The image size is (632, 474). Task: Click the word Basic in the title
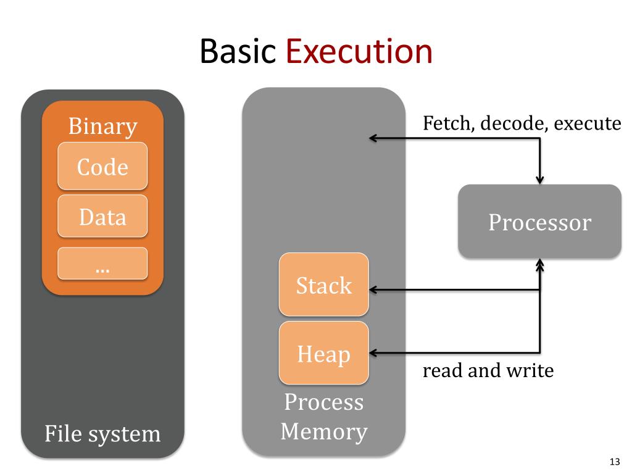(x=238, y=51)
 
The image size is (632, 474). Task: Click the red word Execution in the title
(x=359, y=51)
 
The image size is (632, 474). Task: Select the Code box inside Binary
(x=102, y=165)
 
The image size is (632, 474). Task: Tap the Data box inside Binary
(x=102, y=216)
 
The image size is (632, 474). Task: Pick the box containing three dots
(x=102, y=263)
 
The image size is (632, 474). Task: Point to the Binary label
(x=103, y=126)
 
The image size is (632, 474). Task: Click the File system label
(x=102, y=434)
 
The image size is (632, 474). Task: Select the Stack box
(x=323, y=285)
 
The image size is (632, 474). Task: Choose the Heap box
(x=323, y=353)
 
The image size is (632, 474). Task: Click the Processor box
(x=539, y=222)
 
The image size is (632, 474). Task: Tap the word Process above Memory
(x=324, y=402)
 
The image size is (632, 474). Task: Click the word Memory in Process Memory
(x=324, y=432)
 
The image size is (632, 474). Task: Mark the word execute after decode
(x=588, y=123)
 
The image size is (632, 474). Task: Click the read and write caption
(x=488, y=370)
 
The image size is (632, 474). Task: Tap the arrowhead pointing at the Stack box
(x=373, y=290)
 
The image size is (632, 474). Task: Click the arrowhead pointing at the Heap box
(x=373, y=353)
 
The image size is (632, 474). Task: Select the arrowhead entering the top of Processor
(x=539, y=180)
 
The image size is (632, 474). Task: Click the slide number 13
(x=615, y=462)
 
